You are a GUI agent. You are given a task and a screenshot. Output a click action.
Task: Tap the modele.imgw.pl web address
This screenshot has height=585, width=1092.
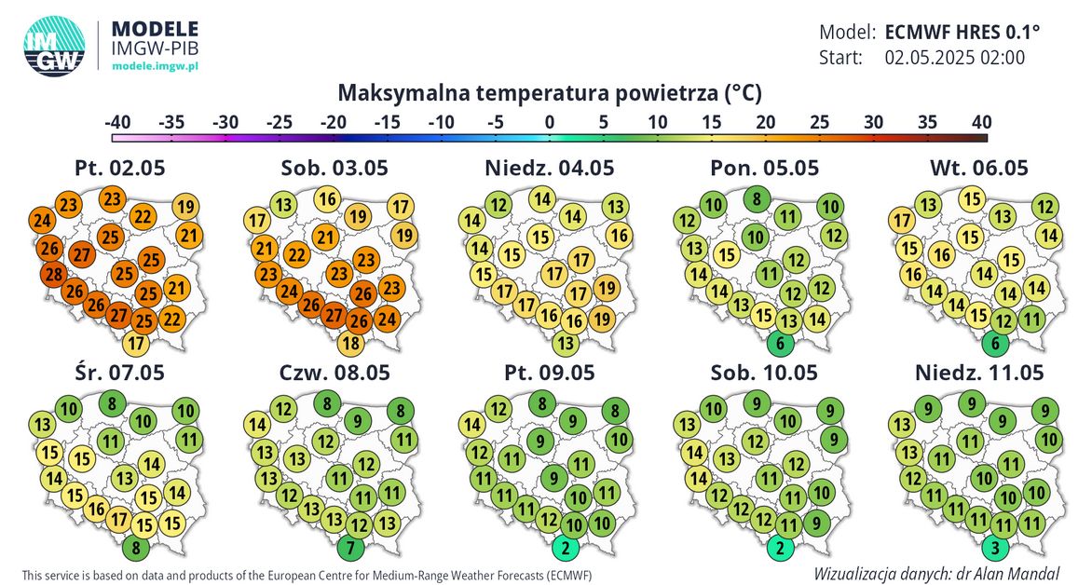tap(155, 67)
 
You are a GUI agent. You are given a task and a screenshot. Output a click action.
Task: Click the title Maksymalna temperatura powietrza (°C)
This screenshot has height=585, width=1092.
tap(550, 93)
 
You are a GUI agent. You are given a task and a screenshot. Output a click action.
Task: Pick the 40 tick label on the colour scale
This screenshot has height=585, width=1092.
tap(978, 122)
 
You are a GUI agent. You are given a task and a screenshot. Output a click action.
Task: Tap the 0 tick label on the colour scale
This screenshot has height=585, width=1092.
tap(550, 122)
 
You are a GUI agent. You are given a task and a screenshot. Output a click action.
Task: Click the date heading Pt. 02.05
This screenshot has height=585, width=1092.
tap(124, 169)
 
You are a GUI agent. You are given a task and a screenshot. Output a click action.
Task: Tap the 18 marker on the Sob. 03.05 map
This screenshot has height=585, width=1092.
tap(350, 343)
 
